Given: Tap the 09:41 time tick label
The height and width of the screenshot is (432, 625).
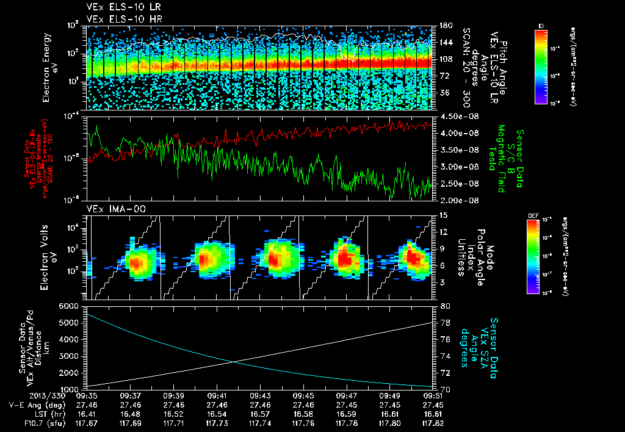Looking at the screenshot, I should coord(218,395).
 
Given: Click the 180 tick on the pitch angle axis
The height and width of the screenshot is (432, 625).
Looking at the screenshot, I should coord(445,26).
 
